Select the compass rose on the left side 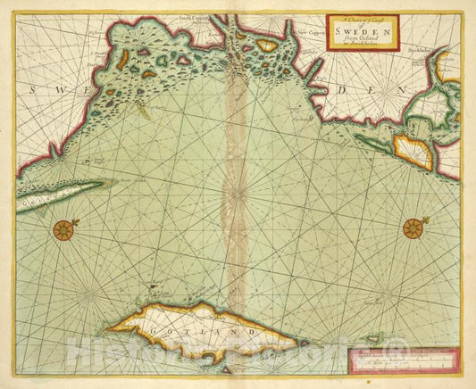coord(63,230)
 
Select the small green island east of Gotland coord(378,337)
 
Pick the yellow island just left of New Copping coord(267,44)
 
